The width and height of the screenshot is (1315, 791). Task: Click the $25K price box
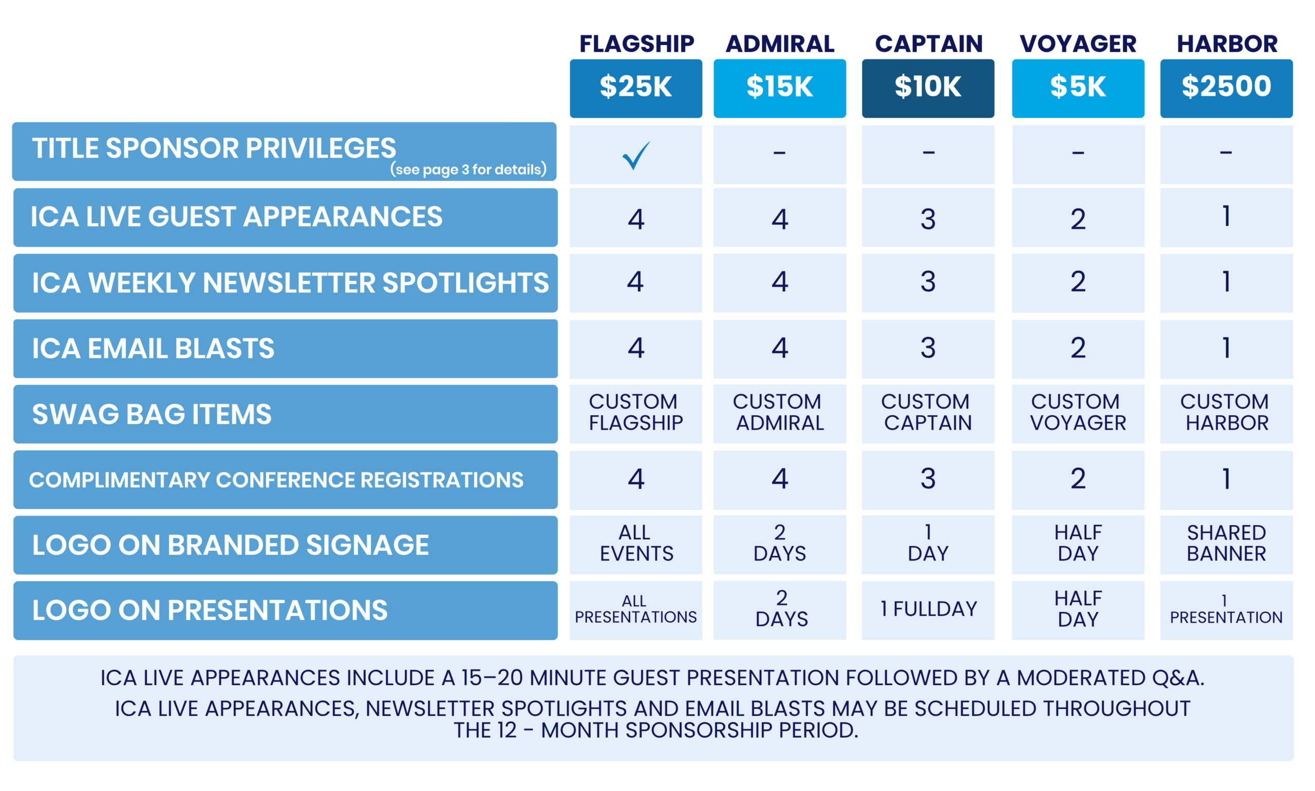click(635, 88)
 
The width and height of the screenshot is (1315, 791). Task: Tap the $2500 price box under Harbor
click(1226, 88)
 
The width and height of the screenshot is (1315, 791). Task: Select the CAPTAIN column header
click(928, 44)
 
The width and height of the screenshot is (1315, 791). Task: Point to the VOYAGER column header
click(1078, 44)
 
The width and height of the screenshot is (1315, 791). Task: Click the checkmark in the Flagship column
click(635, 156)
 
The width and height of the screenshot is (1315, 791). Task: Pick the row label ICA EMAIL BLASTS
click(153, 349)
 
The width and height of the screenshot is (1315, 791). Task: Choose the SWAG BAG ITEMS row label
click(152, 414)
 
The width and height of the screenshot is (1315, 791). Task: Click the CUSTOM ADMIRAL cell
click(780, 413)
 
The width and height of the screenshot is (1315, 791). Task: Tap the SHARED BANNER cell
click(1226, 544)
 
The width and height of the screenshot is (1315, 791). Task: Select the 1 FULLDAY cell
click(928, 609)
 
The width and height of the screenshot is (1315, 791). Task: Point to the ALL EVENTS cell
click(635, 544)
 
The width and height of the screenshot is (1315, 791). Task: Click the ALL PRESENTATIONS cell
click(635, 609)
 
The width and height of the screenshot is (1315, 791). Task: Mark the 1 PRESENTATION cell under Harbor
click(1226, 609)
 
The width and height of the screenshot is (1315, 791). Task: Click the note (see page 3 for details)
click(468, 169)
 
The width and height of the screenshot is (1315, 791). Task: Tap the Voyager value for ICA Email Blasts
click(1078, 348)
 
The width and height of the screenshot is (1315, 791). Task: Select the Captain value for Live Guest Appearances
click(928, 219)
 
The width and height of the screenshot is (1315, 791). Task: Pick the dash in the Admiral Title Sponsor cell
click(780, 153)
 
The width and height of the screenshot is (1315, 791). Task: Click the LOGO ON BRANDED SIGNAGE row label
click(230, 545)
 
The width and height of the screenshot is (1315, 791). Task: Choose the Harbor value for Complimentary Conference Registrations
click(1227, 478)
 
